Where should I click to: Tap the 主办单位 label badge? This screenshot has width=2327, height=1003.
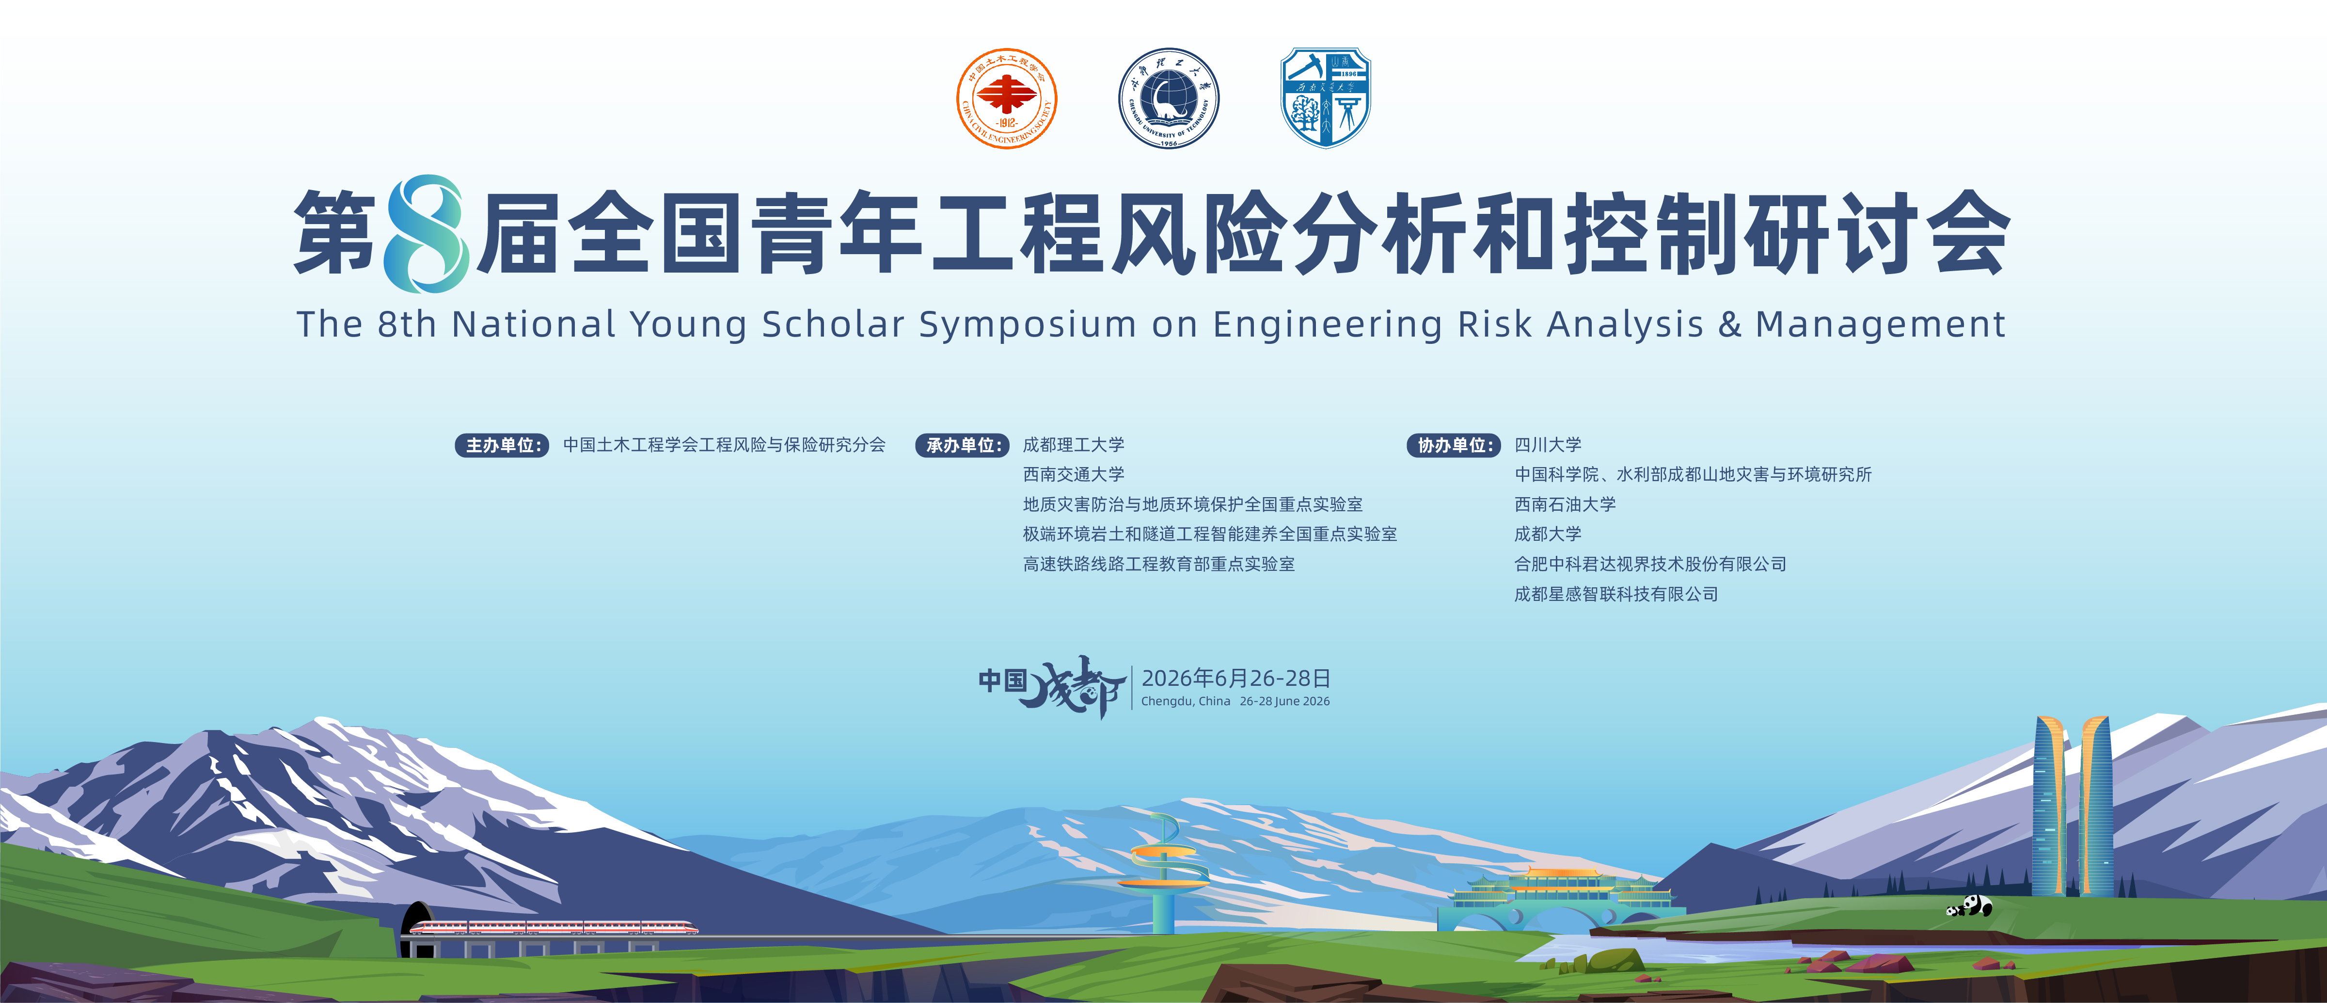502,445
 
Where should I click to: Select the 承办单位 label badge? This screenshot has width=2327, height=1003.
963,445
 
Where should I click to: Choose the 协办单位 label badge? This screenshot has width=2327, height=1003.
1454,445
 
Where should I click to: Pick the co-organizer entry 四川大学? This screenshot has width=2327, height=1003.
1548,445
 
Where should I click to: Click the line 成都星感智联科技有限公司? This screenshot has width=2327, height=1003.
1616,594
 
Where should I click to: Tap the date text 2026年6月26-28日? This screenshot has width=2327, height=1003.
1236,678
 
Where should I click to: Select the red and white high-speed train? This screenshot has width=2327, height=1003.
554,927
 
